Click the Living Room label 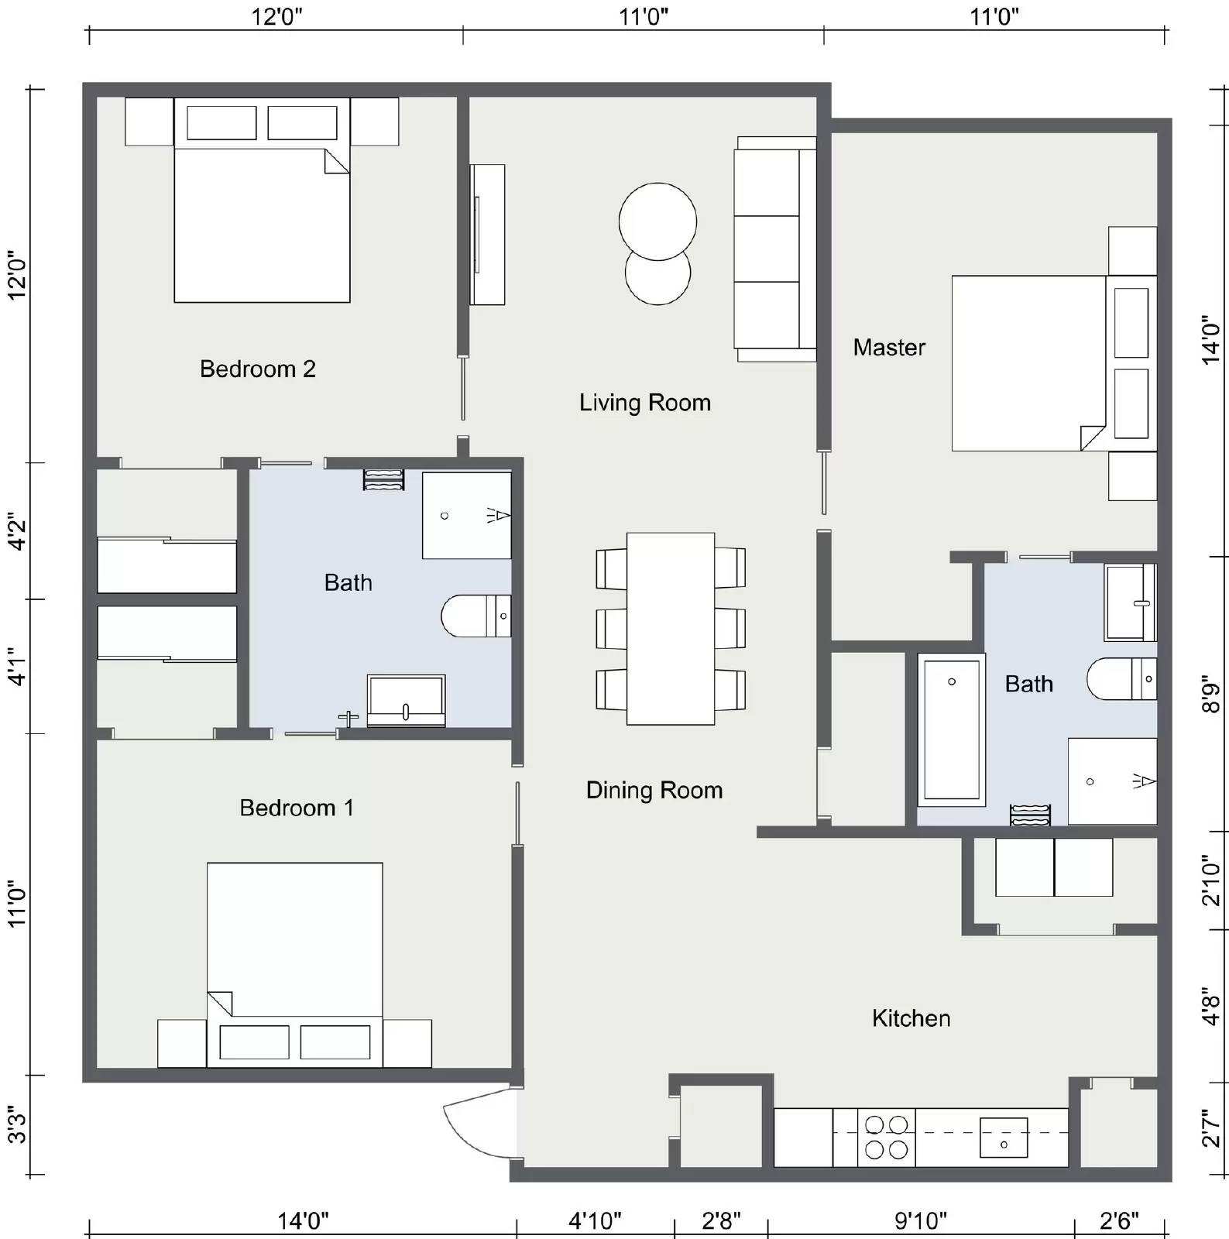coord(644,403)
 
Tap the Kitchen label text coord(911,1018)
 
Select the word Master coord(888,347)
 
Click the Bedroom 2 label coord(257,369)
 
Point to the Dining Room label coord(654,790)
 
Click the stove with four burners coord(886,1137)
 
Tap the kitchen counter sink coord(1003,1138)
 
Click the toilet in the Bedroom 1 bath coord(475,616)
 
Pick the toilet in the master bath coord(1120,679)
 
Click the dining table coord(670,628)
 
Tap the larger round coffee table coord(657,221)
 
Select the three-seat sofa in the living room coord(774,249)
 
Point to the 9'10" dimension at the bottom coord(920,1221)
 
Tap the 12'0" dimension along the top coord(276,16)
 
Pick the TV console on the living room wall coord(487,234)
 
